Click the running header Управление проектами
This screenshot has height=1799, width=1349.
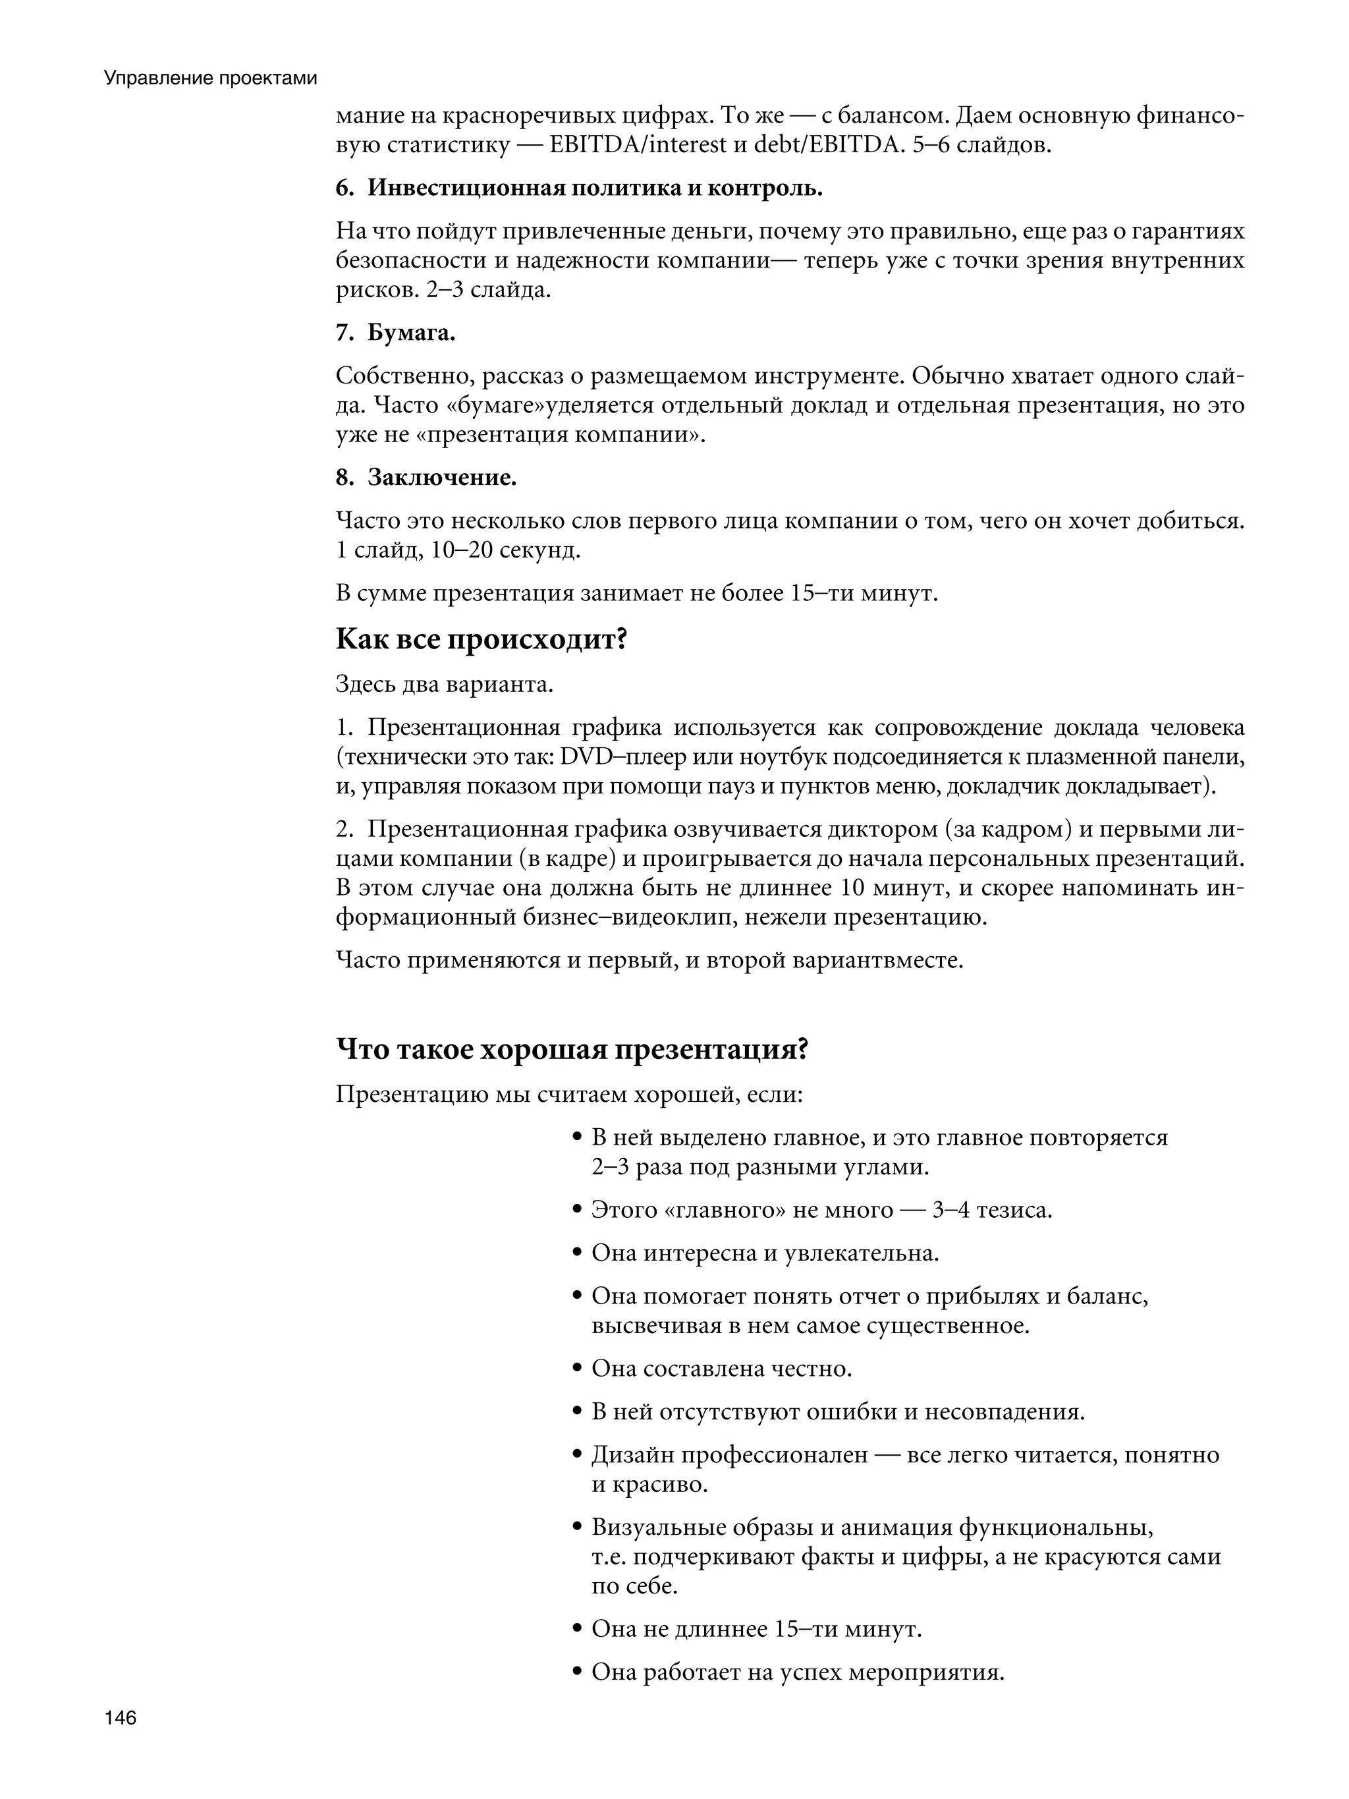[211, 79]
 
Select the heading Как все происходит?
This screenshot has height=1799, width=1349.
[482, 639]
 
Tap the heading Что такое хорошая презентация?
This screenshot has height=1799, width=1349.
[572, 1049]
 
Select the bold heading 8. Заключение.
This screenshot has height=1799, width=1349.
[426, 477]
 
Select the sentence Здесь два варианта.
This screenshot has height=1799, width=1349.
[444, 684]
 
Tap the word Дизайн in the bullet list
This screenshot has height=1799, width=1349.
[631, 1454]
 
